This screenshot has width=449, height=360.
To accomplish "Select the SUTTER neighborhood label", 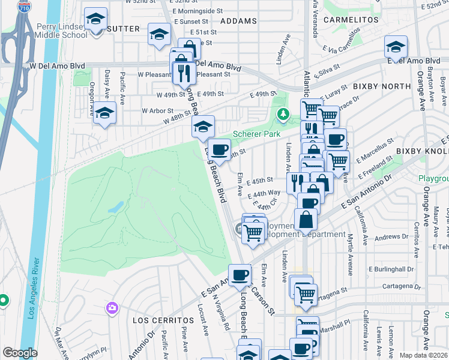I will click(x=124, y=29).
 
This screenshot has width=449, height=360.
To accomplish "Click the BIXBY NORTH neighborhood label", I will click(x=382, y=86).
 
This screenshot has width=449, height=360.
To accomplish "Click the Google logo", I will click(x=20, y=353).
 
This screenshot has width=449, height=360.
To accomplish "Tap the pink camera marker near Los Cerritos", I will click(x=112, y=308).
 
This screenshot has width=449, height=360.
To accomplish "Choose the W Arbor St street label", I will click(x=157, y=111).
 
